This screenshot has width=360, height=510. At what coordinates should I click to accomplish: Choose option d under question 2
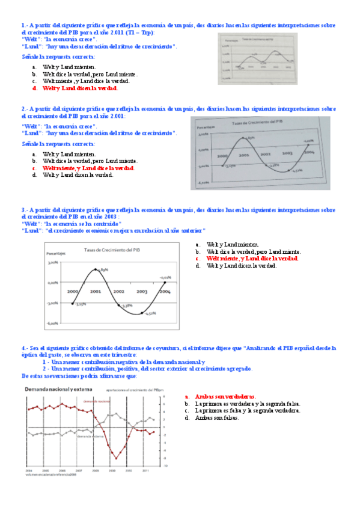click(78, 175)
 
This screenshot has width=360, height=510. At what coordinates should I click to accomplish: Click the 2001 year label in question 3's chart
click(96, 291)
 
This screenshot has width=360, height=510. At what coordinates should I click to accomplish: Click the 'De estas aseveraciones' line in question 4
click(79, 376)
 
